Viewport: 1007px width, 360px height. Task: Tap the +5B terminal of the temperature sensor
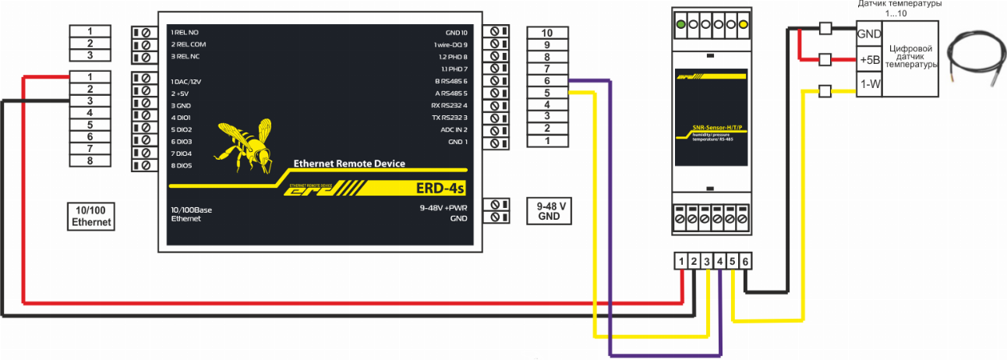coord(868,60)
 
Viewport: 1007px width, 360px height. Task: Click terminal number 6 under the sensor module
coord(745,262)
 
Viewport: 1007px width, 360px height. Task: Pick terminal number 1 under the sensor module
coord(682,262)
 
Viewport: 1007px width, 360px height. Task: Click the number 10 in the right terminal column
coord(546,33)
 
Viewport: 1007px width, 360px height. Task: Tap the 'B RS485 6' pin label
coord(450,81)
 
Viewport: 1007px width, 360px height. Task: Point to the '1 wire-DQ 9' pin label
coord(450,45)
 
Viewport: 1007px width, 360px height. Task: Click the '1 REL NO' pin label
coord(184,33)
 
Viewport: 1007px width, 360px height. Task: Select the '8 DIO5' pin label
coord(181,166)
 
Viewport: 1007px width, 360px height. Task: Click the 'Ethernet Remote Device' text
coord(348,163)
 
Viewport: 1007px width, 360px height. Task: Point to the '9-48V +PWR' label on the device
coord(443,208)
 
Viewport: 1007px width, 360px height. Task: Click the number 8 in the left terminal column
coord(90,161)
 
